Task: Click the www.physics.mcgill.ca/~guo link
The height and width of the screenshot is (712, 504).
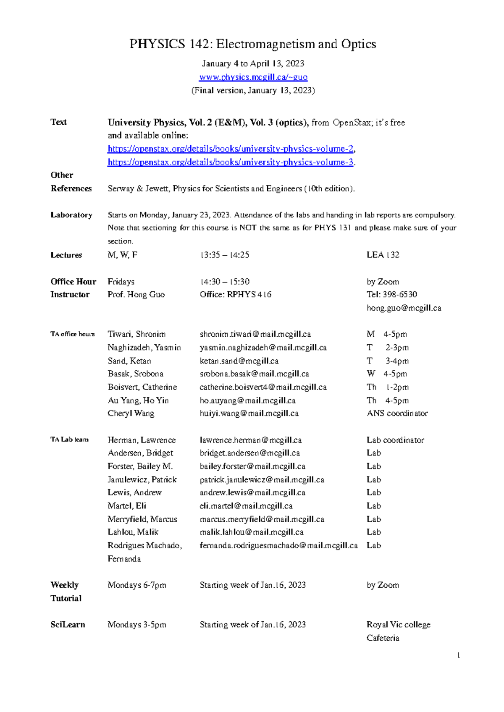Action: [x=253, y=77]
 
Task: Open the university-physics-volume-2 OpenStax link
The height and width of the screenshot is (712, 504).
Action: [x=231, y=149]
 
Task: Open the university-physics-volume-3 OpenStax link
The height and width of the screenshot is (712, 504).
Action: [x=231, y=162]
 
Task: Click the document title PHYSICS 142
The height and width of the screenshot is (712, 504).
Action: [x=252, y=44]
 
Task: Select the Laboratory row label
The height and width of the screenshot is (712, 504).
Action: [x=71, y=215]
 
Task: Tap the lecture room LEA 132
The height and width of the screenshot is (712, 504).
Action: [x=383, y=255]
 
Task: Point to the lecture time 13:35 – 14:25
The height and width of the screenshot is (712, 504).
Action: [x=225, y=255]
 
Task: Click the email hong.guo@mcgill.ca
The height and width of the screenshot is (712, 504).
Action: [x=404, y=308]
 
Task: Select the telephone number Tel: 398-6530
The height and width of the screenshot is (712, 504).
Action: [x=391, y=295]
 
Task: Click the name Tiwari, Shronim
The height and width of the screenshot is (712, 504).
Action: [x=136, y=335]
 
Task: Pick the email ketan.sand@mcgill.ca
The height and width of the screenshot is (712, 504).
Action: [x=239, y=361]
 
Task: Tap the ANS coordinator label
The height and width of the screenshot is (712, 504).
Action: [x=397, y=414]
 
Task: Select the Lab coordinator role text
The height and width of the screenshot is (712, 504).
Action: [x=395, y=440]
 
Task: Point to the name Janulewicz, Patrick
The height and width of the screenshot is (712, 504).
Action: [x=142, y=479]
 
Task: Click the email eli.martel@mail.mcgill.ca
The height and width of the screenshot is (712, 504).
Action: [x=246, y=506]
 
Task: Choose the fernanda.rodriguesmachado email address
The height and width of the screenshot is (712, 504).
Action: [x=278, y=546]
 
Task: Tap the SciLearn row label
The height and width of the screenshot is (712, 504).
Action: [x=68, y=625]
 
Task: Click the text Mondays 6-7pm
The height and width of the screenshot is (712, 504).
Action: [x=136, y=585]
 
